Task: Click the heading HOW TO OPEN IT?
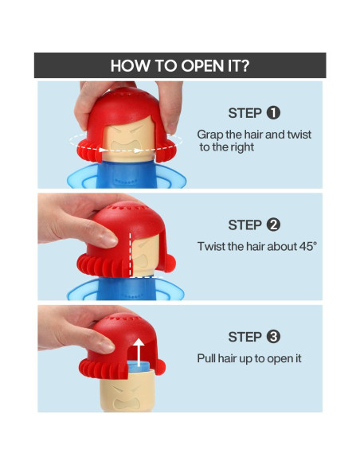point(180,65)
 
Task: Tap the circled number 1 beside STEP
point(273,113)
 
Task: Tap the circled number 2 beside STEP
point(273,225)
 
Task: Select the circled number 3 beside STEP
point(273,337)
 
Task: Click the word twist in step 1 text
point(299,135)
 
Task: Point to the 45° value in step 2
point(307,246)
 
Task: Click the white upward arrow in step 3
point(139,353)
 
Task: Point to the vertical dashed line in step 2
point(130,254)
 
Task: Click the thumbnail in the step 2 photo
point(109,239)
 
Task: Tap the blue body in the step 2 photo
point(126,288)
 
